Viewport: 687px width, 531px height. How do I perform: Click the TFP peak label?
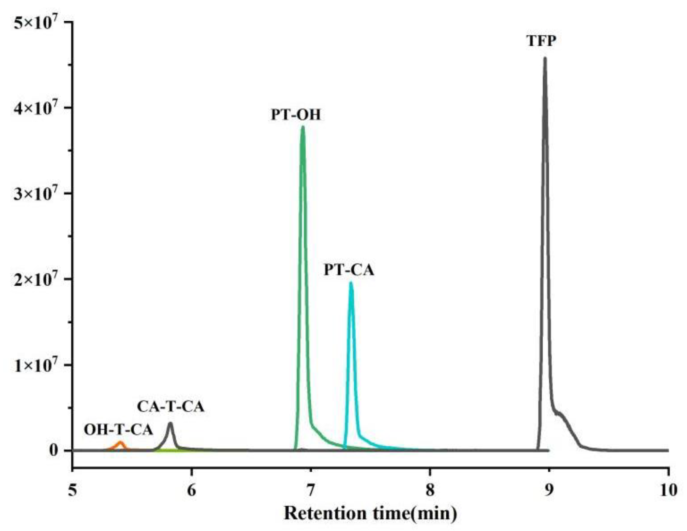tap(542, 41)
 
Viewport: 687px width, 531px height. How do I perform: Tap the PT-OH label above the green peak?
tap(296, 115)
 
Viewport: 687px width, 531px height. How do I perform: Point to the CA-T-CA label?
tap(171, 407)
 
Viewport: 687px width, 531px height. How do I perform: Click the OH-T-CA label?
tap(119, 430)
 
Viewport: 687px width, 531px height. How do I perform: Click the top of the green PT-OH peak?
tap(303, 127)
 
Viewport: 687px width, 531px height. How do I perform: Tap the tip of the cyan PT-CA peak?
tap(351, 283)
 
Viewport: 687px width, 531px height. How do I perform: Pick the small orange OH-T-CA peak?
tap(120, 443)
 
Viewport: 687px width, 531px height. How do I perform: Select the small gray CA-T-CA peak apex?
tap(170, 423)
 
